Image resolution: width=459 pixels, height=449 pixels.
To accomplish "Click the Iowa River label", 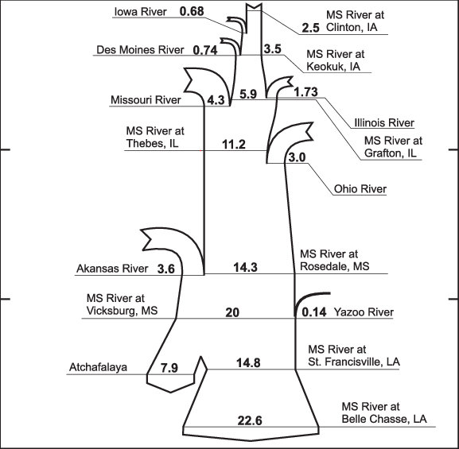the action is (141, 12).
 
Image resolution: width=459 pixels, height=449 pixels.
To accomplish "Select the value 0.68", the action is (192, 11).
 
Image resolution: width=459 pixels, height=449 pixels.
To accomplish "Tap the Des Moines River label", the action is (140, 50).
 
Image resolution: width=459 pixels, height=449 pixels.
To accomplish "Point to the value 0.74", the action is (205, 50).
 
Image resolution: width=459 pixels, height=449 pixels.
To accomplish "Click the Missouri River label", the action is (146, 100).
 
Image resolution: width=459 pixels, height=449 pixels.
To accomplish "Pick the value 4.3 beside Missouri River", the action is (216, 100).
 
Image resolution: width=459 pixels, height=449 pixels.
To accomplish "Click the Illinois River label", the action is (384, 122).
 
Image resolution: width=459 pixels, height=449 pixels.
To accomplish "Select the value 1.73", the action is (306, 92).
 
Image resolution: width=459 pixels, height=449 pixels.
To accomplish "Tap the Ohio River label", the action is (360, 189).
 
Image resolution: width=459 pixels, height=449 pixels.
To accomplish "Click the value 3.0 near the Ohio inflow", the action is (298, 157).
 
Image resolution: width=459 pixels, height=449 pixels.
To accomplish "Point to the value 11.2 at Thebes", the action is (234, 145).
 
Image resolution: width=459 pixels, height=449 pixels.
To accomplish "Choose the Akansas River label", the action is (112, 269).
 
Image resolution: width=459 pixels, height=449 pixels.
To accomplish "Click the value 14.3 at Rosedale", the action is (245, 267).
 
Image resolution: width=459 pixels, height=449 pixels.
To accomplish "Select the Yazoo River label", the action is (364, 312).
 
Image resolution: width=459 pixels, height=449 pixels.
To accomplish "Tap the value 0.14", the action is (314, 312).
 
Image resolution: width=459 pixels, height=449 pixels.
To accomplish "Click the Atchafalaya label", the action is (99, 367).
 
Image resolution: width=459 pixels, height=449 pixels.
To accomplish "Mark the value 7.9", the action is (169, 368).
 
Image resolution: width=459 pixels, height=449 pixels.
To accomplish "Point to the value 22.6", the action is (250, 421).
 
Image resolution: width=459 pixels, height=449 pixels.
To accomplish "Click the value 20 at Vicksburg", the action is (232, 312).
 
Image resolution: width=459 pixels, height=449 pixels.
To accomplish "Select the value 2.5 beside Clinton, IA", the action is (311, 28).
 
